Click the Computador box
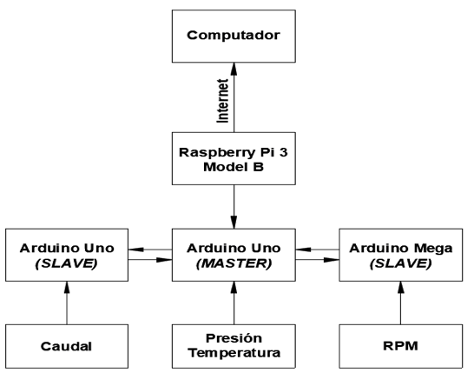coord(234,37)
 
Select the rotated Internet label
coord(222,101)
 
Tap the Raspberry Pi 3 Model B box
coord(234,158)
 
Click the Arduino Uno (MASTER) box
coord(234,255)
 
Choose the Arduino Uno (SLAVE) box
coord(67,255)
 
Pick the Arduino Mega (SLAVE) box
coord(401,255)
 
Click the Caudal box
coord(67,346)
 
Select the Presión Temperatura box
coord(234,346)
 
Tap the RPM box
coord(401,346)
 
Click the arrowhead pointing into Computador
coord(234,69)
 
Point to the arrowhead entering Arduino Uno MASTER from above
coord(234,223)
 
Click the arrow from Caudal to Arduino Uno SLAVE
coord(67,303)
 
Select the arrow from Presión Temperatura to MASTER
coord(234,303)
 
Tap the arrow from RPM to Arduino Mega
coord(401,303)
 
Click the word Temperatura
coord(234,353)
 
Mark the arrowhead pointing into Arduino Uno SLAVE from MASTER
coord(135,250)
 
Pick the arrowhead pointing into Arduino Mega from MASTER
coord(332,260)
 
